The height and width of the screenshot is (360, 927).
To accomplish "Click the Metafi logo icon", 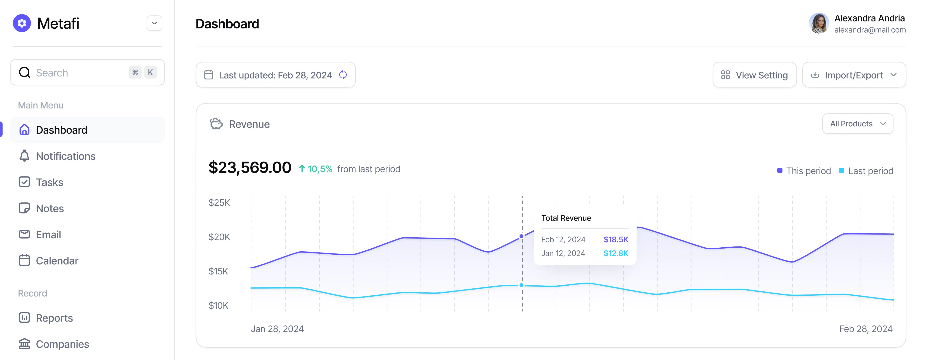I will pyautogui.click(x=22, y=23).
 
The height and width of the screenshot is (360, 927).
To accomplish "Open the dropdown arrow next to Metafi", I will pyautogui.click(x=154, y=23).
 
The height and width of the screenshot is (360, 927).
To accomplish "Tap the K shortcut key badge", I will pyautogui.click(x=150, y=72).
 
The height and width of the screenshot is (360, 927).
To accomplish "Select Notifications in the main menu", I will pyautogui.click(x=66, y=156).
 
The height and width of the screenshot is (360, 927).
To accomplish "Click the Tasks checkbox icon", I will pyautogui.click(x=24, y=182).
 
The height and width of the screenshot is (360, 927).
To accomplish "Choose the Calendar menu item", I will pyautogui.click(x=57, y=261).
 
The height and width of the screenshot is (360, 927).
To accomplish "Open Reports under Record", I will pyautogui.click(x=54, y=318).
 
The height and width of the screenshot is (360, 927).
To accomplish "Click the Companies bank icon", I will pyautogui.click(x=24, y=344).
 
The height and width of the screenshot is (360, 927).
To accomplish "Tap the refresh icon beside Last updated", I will pyautogui.click(x=343, y=75).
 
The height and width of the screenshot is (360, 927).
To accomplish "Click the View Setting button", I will pyautogui.click(x=755, y=75).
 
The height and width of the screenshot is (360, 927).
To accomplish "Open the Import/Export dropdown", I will pyautogui.click(x=854, y=75).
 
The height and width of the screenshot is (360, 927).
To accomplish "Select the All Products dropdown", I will pyautogui.click(x=858, y=124).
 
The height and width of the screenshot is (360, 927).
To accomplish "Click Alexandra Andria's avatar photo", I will pyautogui.click(x=819, y=23).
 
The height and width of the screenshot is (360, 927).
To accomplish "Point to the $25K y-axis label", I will pyautogui.click(x=219, y=203).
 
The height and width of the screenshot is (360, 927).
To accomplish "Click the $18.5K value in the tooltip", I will pyautogui.click(x=616, y=239).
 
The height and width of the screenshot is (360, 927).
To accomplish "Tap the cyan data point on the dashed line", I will pyautogui.click(x=521, y=285).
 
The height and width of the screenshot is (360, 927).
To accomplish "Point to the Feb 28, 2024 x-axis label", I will pyautogui.click(x=865, y=329).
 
